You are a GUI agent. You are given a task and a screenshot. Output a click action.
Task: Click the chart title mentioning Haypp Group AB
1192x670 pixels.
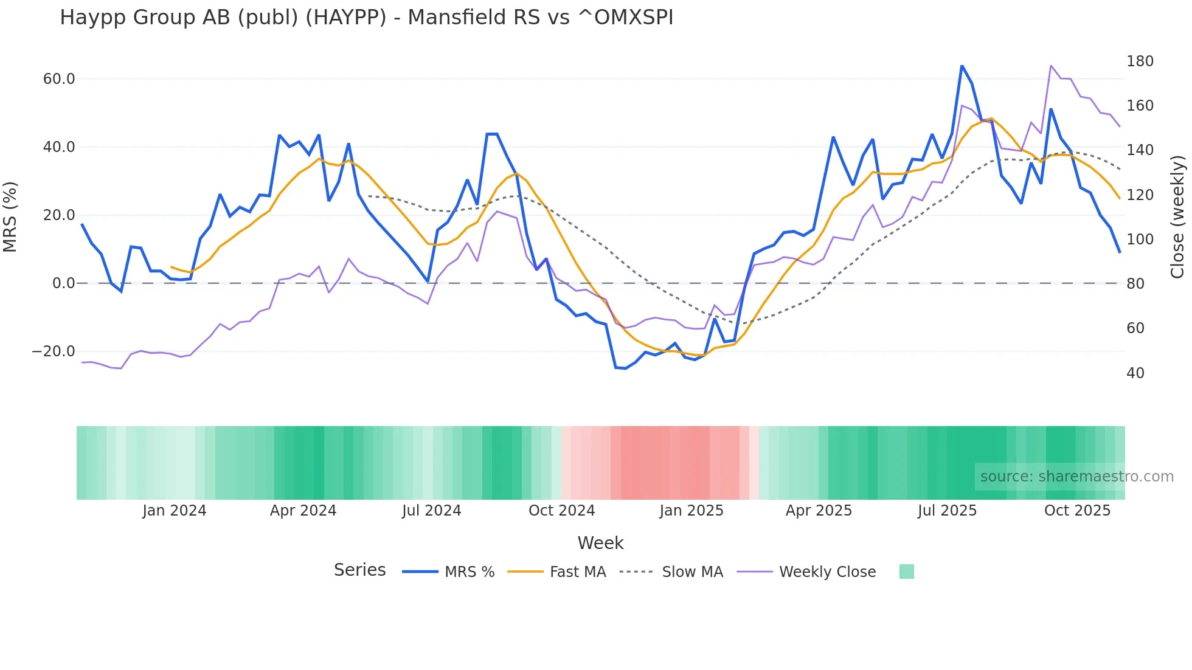point(366,18)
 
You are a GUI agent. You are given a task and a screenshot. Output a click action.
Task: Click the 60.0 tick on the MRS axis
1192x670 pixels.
point(59,79)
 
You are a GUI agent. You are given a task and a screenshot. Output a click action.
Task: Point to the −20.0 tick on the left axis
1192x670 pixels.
point(54,351)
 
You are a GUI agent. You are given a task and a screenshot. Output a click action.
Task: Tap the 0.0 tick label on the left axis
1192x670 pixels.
point(63,283)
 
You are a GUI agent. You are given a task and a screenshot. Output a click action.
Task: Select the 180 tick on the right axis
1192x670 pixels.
point(1140,61)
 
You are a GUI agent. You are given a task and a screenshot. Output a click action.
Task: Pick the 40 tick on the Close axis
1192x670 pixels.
point(1135,373)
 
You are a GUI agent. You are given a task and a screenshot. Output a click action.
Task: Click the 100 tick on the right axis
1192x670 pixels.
point(1140,240)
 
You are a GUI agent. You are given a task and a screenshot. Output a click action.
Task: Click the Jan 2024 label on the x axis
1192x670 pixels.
point(175,511)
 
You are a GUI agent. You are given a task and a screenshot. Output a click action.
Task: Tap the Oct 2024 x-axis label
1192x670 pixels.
point(561,511)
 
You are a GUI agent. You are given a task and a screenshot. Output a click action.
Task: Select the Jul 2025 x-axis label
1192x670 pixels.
point(947,511)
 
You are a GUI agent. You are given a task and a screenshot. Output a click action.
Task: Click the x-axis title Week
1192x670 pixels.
point(600,543)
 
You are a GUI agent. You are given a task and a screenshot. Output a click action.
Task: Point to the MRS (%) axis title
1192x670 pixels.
point(10,216)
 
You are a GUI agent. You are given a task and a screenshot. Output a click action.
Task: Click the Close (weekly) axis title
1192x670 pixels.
point(1177,216)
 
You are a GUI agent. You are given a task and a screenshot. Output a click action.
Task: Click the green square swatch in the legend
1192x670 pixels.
point(906,572)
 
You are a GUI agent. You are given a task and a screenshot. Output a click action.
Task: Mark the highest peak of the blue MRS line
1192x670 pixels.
point(962,66)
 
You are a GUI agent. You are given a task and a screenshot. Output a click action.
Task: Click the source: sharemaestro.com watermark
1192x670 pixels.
point(1076,477)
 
